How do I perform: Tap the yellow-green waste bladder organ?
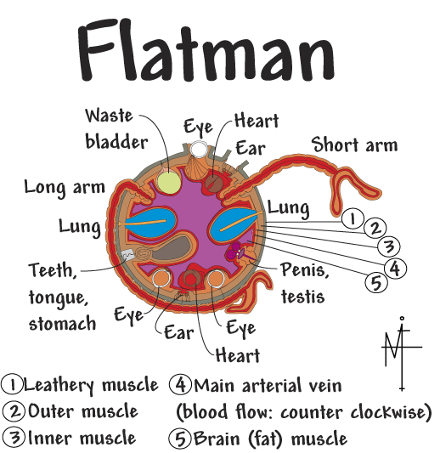click(169, 182)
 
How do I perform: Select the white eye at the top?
click(199, 149)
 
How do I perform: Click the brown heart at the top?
click(214, 184)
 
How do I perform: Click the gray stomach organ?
click(172, 247)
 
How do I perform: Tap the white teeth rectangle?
click(127, 254)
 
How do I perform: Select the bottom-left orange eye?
click(161, 278)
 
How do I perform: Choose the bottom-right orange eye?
click(216, 278)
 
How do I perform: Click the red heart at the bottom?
click(191, 279)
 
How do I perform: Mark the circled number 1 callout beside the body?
click(353, 218)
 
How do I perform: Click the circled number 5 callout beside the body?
click(376, 282)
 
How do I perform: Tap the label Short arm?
click(354, 144)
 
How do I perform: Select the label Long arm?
click(65, 188)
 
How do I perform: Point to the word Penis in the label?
click(305, 270)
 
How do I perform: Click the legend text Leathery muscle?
click(91, 385)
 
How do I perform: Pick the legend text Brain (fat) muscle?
click(270, 439)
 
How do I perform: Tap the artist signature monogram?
click(402, 353)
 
